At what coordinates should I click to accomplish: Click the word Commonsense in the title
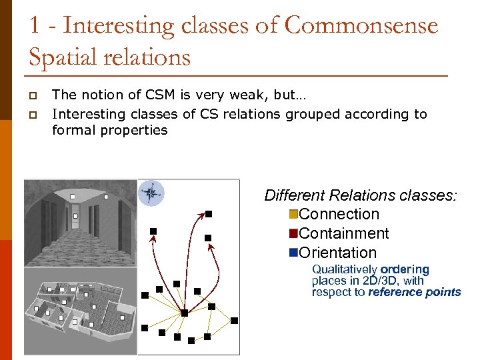point(361,26)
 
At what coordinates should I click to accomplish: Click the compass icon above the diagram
point(151,194)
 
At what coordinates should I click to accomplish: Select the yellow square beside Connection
point(293,215)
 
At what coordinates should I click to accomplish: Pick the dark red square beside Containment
point(293,234)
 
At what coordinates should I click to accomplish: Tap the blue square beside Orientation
point(293,253)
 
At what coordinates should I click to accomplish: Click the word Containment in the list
point(344,234)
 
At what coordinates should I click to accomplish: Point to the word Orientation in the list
point(338,253)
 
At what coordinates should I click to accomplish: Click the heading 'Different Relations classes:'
point(361,195)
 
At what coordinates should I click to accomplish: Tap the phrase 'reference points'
point(414,292)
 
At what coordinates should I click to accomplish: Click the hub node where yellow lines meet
point(185,312)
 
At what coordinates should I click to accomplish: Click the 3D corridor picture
point(80,222)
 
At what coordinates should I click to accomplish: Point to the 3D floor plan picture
point(80,311)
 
